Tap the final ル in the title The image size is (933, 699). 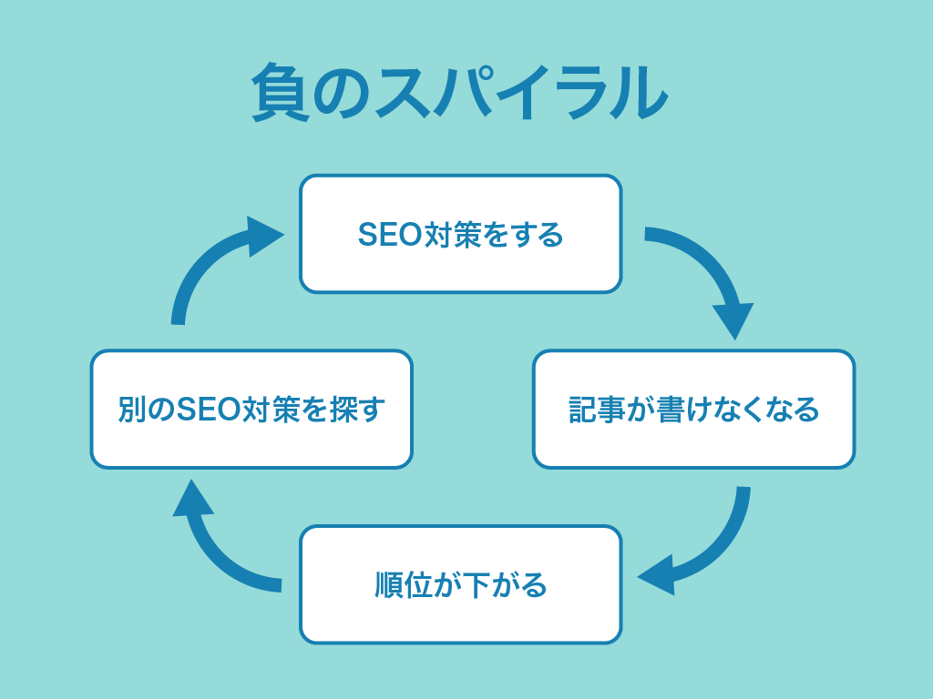coord(637,94)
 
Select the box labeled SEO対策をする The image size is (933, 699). coord(460,234)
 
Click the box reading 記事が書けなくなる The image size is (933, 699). coord(693,409)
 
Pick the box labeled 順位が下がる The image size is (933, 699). coord(460,584)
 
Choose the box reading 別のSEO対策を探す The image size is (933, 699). coord(251,409)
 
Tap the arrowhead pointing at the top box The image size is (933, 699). coord(267,236)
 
